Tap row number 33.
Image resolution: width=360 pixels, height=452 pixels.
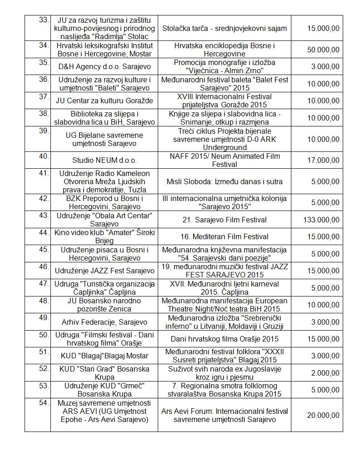click(44, 20)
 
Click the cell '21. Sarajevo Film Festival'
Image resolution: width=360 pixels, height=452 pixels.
click(225, 220)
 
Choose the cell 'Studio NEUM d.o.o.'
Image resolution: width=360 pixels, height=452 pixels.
click(105, 160)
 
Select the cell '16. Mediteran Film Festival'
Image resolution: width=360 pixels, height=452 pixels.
click(225, 236)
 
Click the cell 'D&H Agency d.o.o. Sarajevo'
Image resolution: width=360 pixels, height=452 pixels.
click(105, 66)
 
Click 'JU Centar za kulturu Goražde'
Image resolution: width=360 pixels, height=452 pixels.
click(105, 100)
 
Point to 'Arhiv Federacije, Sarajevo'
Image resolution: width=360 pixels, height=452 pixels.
click(105, 322)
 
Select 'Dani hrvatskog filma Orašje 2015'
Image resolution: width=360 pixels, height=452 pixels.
click(225, 339)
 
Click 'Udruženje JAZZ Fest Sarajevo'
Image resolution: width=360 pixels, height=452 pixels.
click(105, 271)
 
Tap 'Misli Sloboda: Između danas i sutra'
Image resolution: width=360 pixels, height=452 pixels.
click(225, 181)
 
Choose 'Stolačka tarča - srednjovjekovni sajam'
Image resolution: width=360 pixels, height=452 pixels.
click(225, 28)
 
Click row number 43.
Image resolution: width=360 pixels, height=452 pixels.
click(44, 216)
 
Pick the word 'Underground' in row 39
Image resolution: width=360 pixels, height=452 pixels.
click(225, 147)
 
